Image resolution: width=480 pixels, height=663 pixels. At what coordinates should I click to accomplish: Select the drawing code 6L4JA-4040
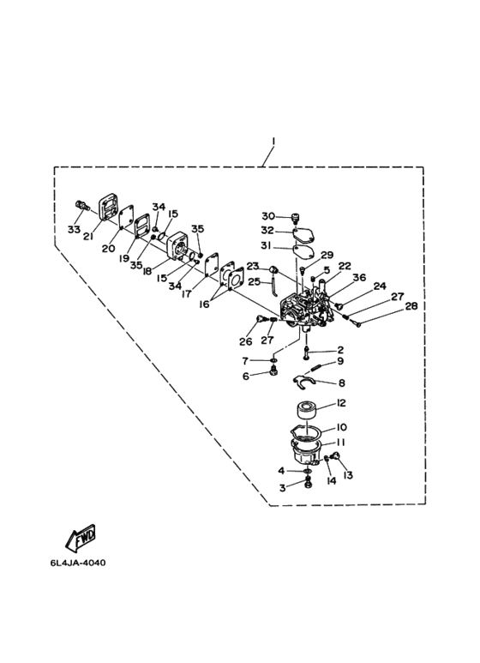point(78,564)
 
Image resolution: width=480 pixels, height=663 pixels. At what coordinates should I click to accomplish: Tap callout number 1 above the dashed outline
point(273,140)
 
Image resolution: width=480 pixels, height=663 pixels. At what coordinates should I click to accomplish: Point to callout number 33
point(74,230)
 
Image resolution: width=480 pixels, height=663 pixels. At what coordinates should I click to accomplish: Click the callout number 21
point(88,237)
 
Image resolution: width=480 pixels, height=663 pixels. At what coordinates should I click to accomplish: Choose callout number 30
point(267,216)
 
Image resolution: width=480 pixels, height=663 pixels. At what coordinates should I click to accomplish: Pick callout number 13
point(349,474)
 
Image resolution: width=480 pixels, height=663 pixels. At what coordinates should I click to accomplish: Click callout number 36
point(359,276)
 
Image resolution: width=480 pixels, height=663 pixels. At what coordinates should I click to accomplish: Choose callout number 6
point(245,375)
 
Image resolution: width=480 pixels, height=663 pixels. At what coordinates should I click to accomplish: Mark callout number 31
point(267,245)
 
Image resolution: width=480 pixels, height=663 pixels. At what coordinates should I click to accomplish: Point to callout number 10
point(341,427)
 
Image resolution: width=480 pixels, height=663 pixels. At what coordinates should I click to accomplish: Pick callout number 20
point(109,249)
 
